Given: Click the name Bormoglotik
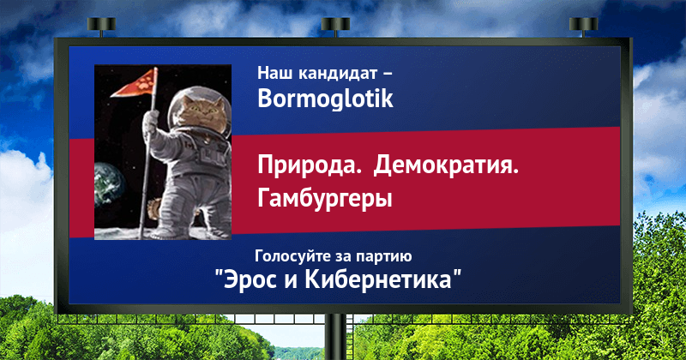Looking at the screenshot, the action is (x=325, y=99).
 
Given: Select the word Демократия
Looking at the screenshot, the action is (x=446, y=165).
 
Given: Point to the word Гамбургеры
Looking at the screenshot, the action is (x=325, y=199).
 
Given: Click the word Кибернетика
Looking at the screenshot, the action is (x=378, y=279).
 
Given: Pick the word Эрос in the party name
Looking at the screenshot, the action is (x=250, y=280).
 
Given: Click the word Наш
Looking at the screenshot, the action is (x=274, y=73).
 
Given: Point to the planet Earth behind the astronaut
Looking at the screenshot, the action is (x=109, y=183).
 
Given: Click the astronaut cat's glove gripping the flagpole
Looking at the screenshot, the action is (x=151, y=120).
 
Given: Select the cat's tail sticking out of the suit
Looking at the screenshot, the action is (x=153, y=209).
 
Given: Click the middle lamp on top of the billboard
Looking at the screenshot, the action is (x=335, y=25).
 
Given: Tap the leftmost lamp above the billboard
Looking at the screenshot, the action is (x=101, y=25).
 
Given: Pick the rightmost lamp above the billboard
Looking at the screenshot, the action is (x=583, y=25).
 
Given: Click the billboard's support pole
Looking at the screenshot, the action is (x=335, y=337).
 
